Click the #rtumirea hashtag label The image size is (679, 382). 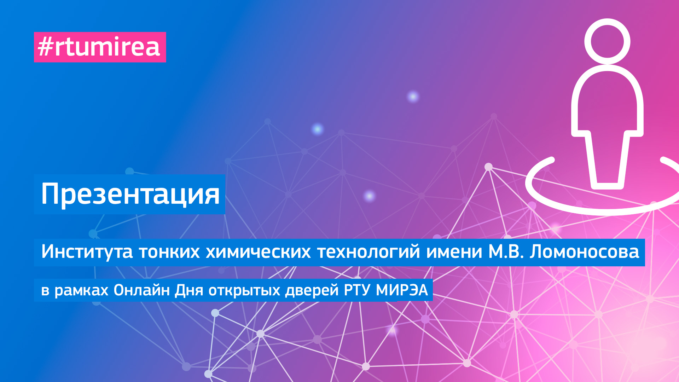100,47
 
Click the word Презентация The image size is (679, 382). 130,194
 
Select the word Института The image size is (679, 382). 87,252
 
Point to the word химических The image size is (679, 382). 258,252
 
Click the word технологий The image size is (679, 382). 368,252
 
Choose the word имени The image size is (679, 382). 454,252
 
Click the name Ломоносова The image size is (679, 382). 584,252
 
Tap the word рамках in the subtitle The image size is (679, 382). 81,290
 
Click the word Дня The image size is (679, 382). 189,290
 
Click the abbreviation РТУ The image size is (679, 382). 357,290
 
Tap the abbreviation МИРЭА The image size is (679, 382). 402,290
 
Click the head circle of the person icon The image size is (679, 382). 607,41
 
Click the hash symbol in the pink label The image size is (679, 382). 45,47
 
